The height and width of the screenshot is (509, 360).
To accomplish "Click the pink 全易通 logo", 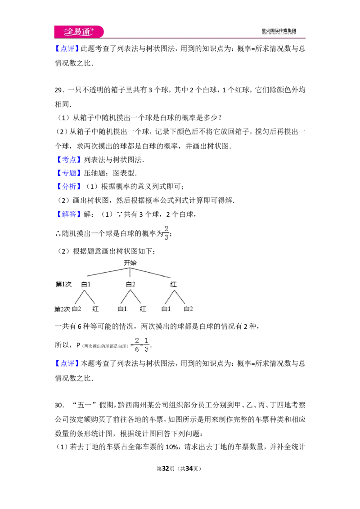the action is point(79,31).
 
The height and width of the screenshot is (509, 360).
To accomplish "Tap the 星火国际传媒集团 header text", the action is point(279,31).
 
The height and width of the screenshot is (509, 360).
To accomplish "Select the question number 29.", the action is point(58,90).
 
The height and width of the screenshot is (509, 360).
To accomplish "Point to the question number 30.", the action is point(58,405).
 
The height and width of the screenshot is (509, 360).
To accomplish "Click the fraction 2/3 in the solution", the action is point(166,233).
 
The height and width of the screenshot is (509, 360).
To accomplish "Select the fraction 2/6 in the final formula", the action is point(137,345).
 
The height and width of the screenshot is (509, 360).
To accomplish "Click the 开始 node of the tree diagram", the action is point(130,263).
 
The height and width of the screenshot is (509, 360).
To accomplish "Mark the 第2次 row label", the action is point(63,309).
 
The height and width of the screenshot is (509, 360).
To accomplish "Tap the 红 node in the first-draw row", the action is point(174,284).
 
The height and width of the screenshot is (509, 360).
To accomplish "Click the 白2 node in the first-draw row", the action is point(130,284).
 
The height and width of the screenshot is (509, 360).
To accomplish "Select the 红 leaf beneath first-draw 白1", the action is point(95,309).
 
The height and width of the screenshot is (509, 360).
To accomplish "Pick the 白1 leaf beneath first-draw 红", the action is point(166,309).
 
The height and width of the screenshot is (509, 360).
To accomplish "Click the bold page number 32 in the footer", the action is point(166,469).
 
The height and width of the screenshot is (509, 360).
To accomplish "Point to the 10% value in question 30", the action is point(171,447).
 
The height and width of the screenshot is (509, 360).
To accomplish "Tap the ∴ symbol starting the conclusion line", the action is point(58,233).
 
